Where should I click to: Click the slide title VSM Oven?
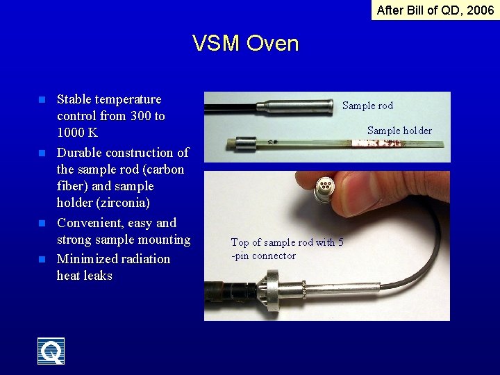[245, 44]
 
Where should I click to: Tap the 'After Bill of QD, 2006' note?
[435, 10]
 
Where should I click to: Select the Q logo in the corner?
[51, 351]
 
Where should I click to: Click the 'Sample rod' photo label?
[367, 106]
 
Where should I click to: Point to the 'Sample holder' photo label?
[399, 131]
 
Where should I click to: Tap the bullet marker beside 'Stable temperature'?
[42, 100]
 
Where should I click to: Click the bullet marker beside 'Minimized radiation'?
[42, 259]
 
